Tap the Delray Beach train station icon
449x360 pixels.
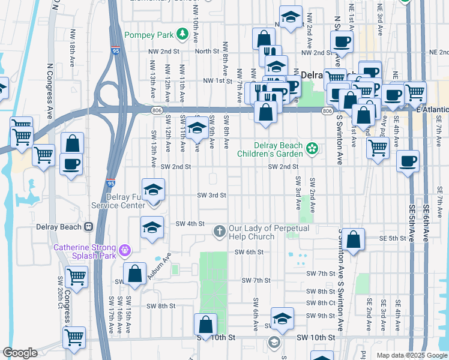(x=88, y=227)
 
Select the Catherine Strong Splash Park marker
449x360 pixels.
(x=125, y=249)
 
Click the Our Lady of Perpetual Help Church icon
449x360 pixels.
(x=220, y=230)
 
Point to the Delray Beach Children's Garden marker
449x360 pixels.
(x=312, y=148)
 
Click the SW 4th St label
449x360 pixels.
(x=190, y=223)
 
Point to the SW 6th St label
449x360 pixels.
(x=249, y=252)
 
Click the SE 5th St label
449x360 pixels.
(x=394, y=238)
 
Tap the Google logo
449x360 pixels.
(x=20, y=353)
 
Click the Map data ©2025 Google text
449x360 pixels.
(x=411, y=355)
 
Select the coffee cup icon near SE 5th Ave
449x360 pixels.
(x=408, y=161)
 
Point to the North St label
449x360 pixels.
(x=206, y=51)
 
